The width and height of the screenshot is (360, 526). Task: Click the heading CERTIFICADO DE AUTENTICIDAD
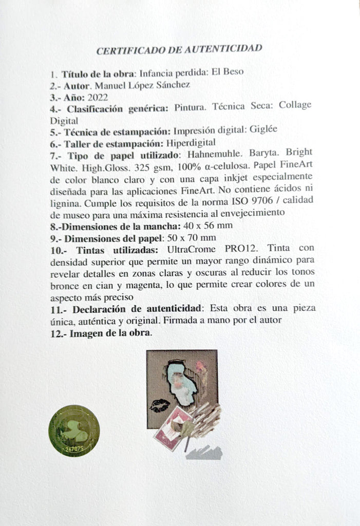179,49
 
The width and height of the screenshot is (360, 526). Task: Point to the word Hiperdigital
191,143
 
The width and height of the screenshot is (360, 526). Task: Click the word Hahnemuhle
207,155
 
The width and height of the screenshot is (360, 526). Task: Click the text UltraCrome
191,250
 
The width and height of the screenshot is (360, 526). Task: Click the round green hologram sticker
74,430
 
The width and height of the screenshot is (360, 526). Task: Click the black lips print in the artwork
160,406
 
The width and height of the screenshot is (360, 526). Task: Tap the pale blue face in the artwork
180,383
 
